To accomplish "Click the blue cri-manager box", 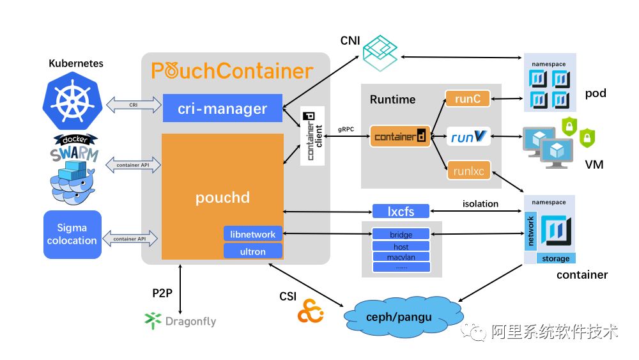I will [222, 108].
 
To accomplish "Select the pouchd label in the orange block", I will [222, 197].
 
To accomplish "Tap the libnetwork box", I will [253, 235].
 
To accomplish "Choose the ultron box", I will [253, 251].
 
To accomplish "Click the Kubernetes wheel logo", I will [72, 100].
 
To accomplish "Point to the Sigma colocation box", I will [72, 234].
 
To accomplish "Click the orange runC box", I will [467, 98].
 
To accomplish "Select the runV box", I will [468, 136].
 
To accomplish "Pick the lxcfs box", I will [401, 210].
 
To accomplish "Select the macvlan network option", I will [401, 257].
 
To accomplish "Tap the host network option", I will [401, 246].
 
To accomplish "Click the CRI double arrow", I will [134, 104].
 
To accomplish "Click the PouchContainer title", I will [233, 70].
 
